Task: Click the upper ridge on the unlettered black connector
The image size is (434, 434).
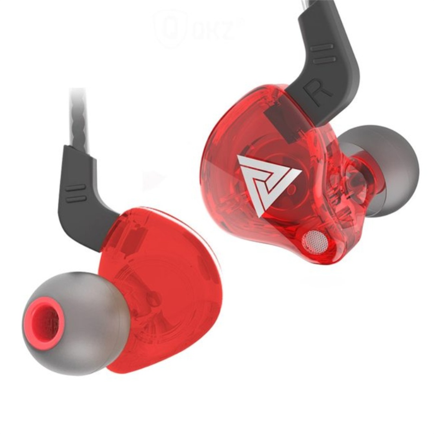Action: (x=76, y=188)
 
